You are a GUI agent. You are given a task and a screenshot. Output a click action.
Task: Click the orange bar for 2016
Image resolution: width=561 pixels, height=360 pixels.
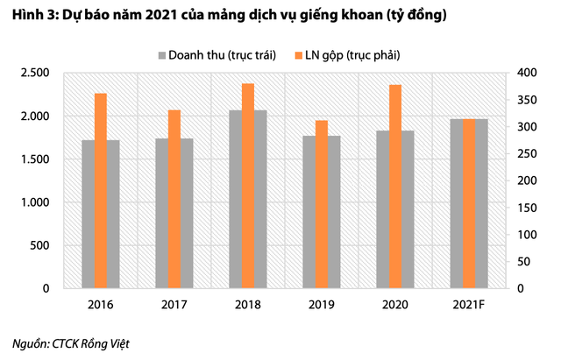pyautogui.click(x=101, y=190)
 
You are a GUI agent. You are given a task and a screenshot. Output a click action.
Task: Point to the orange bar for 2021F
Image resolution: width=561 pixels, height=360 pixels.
pyautogui.click(x=469, y=203)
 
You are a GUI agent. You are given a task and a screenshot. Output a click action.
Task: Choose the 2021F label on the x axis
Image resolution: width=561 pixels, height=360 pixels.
pyautogui.click(x=469, y=306)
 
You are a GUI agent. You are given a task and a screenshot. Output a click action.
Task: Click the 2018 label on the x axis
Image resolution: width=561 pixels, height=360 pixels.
pyautogui.click(x=248, y=306)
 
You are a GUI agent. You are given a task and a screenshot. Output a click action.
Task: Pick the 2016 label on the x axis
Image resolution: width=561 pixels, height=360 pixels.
pyautogui.click(x=101, y=306)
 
